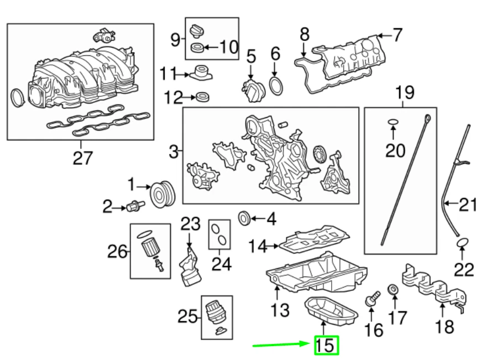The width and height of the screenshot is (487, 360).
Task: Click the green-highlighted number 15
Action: click(326, 346)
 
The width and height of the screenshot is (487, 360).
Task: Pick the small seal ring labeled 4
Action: click(244, 218)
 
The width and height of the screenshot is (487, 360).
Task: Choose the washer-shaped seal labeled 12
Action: click(203, 98)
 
